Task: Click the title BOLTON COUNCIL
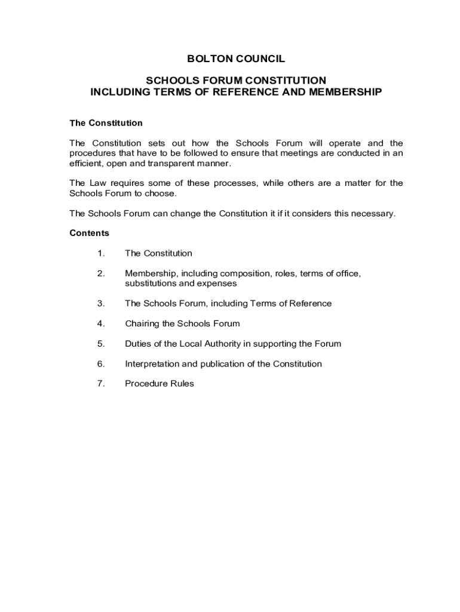point(236,59)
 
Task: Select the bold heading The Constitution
point(106,123)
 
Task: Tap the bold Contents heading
point(89,232)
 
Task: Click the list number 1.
point(101,253)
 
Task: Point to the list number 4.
point(101,323)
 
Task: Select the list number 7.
point(101,384)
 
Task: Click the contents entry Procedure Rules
point(159,384)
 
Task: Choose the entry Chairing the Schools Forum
point(182,323)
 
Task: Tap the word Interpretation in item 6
point(152,363)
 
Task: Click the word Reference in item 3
point(311,303)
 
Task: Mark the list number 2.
point(101,273)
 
